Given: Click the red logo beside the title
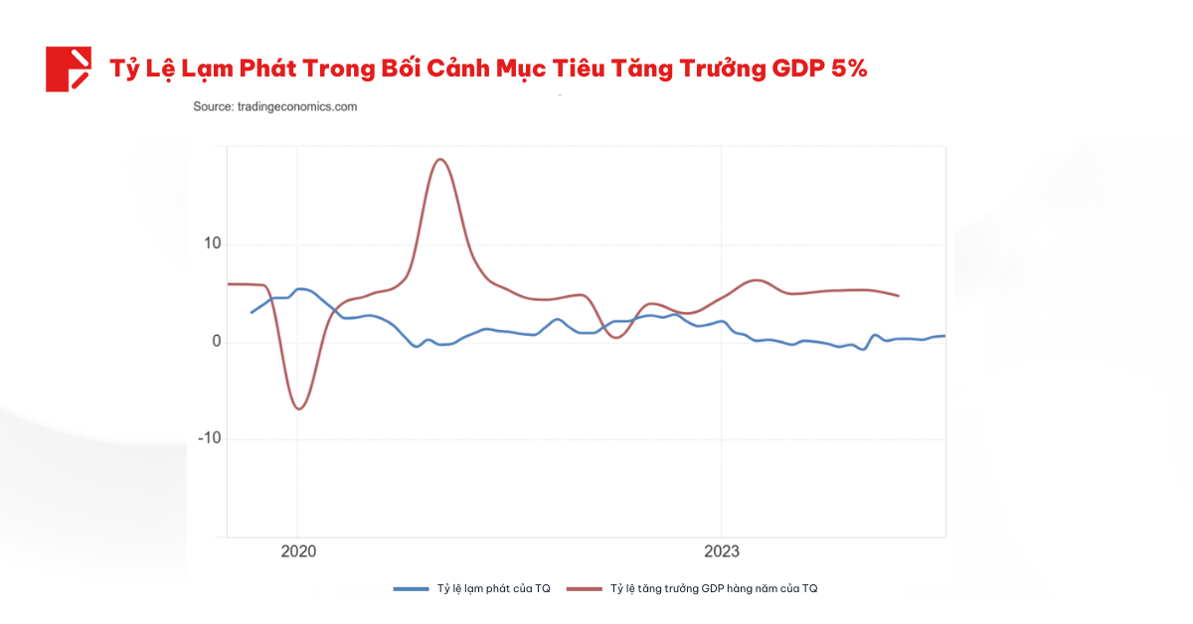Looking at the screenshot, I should coord(68,69).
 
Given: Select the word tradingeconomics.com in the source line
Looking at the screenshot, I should coord(296,106).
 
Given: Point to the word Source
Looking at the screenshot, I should coord(212,106).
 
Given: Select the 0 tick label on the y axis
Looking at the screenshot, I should coord(216,343).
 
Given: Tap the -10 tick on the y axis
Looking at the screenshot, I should coord(210,439).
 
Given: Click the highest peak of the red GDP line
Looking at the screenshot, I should coord(440,159).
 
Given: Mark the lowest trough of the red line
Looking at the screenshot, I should coord(298,409).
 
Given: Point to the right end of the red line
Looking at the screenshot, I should coord(898,295).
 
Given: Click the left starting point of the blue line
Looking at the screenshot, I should coord(251,312).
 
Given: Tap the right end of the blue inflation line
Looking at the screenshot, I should coord(943,336).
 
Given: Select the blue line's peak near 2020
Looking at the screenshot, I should coord(301,288).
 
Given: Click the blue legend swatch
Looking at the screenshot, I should coord(410,589).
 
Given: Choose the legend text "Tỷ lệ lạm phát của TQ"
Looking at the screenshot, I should coord(493,589).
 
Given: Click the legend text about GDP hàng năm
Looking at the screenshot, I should coord(713,589).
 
